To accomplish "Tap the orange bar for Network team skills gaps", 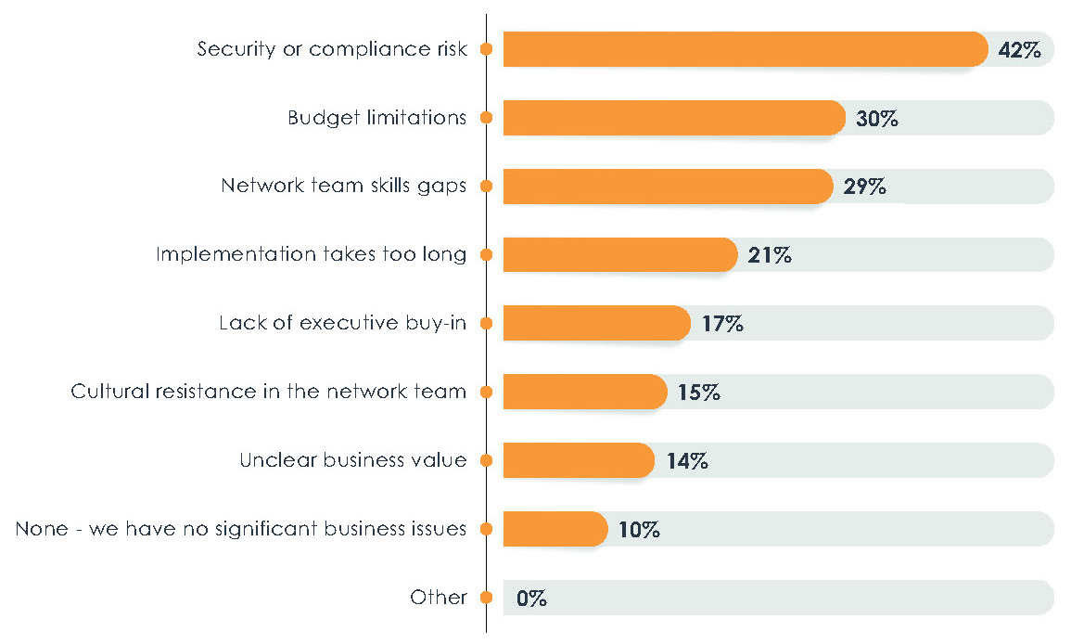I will click(x=668, y=187).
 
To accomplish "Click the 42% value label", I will click(x=1020, y=50).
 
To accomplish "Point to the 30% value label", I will click(x=876, y=119).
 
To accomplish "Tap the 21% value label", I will click(x=770, y=255).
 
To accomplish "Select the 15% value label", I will click(x=698, y=393).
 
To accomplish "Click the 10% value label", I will click(x=638, y=530).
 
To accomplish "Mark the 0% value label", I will click(x=531, y=599).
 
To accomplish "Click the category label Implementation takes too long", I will click(x=311, y=254).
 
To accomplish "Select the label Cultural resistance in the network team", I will click(x=268, y=392).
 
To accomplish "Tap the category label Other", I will click(x=439, y=598).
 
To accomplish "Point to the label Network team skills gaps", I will click(x=343, y=186).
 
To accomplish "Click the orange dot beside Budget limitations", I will click(x=486, y=118).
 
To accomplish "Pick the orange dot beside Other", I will click(x=486, y=598).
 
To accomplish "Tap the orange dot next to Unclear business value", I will click(x=486, y=460).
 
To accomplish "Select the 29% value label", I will click(x=864, y=187).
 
